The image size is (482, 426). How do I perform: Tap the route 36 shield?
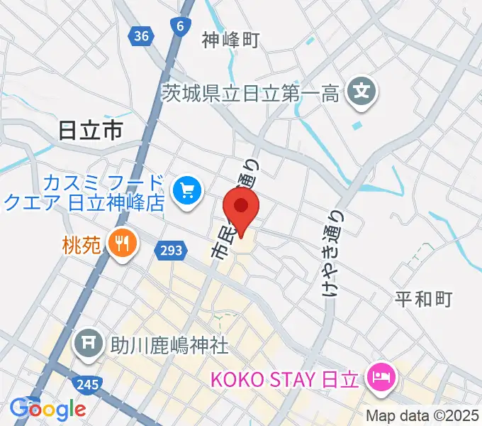point(142,35)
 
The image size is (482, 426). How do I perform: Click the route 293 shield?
point(170,250)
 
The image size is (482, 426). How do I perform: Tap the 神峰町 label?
point(230,40)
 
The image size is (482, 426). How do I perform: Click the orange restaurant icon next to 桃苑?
point(122,244)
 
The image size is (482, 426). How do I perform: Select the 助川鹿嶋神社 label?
point(169,346)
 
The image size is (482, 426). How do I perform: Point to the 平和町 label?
point(423,299)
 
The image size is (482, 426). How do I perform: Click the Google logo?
point(48,409)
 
